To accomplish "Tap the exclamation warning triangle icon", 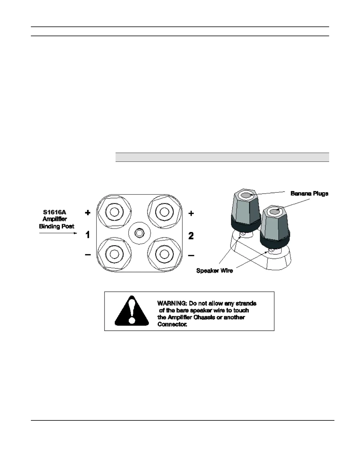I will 132,311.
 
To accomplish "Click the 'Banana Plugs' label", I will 309,194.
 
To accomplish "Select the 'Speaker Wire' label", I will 214,271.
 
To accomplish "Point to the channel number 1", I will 88,235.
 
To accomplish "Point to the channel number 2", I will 191,236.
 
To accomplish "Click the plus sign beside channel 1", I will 88,213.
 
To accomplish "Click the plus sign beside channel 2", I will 191,213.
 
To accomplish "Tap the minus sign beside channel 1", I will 88,254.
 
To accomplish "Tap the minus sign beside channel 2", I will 191,255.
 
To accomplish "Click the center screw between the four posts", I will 139,233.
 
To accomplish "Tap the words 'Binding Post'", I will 56,226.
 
